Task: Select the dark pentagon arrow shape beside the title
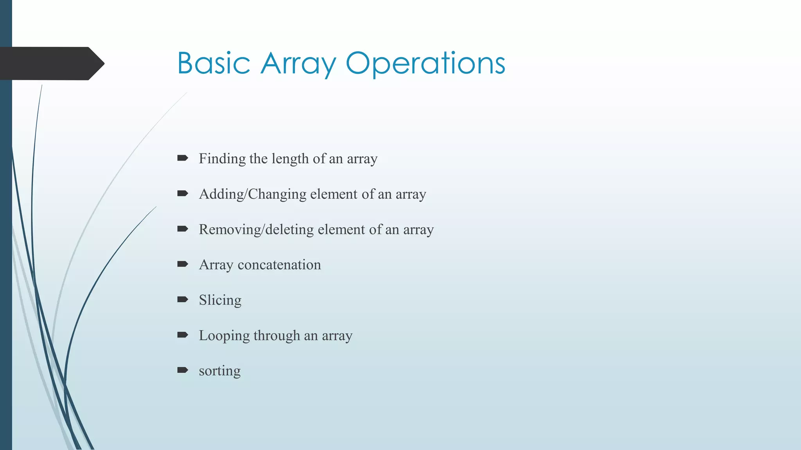click(x=51, y=63)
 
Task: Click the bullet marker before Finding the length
click(x=183, y=158)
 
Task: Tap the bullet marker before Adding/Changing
click(x=183, y=193)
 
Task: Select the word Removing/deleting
click(x=256, y=229)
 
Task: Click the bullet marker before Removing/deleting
click(x=183, y=229)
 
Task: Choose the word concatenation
click(x=279, y=265)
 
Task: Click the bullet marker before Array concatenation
click(x=183, y=264)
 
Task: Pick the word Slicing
click(x=220, y=300)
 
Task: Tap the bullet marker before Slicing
click(x=183, y=299)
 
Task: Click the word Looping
click(x=224, y=336)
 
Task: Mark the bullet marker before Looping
click(x=183, y=335)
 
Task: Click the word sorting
click(x=220, y=371)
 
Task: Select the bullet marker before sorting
click(x=183, y=370)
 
